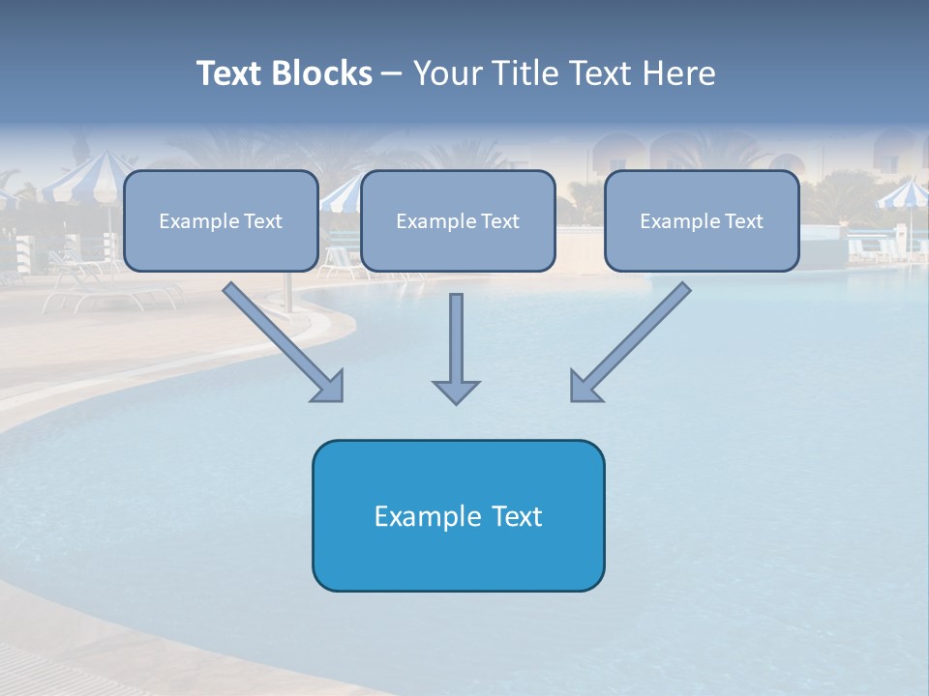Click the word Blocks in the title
click(324, 73)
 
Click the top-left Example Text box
click(221, 220)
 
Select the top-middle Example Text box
click(458, 220)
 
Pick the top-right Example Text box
click(702, 220)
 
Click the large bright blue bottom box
click(458, 515)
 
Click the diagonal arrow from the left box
click(276, 334)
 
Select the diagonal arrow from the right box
click(639, 334)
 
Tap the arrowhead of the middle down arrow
click(456, 391)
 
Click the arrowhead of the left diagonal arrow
click(329, 387)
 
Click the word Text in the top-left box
click(262, 221)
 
